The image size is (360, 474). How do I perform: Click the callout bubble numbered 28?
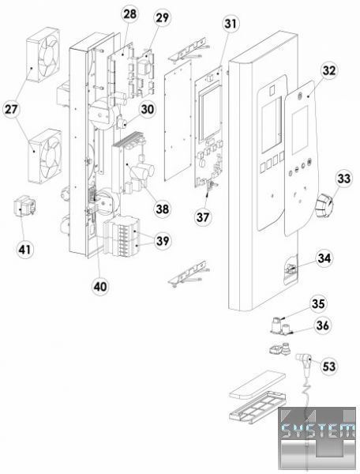129,14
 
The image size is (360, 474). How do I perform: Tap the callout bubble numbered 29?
162,18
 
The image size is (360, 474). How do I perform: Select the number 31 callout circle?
231,24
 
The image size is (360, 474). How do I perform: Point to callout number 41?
24,250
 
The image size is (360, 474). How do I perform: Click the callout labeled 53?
329,366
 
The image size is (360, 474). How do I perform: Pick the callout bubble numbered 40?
100,286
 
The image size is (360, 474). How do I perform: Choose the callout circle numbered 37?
203,216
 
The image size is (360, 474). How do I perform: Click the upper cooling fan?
43,55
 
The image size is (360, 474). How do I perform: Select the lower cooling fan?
45,156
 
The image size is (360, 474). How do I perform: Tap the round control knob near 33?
324,205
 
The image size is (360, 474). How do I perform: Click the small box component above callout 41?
24,206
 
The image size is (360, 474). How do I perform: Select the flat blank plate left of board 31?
178,121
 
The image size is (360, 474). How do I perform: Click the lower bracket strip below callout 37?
188,273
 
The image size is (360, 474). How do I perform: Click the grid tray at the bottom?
258,406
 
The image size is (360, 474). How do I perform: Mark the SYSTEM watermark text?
317,430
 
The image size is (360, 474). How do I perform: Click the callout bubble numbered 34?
324,258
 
